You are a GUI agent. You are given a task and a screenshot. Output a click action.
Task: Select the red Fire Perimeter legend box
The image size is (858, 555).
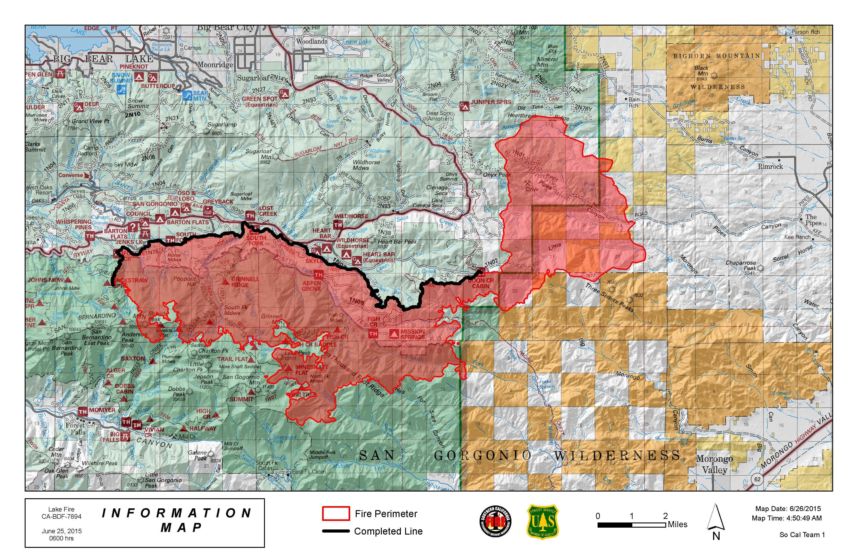click(x=336, y=514)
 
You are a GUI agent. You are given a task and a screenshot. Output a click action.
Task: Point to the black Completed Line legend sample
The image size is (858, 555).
click(x=336, y=531)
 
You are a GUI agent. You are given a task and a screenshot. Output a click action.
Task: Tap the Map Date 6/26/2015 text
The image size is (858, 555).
click(x=788, y=509)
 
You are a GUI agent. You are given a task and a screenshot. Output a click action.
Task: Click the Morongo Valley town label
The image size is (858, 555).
click(x=714, y=464)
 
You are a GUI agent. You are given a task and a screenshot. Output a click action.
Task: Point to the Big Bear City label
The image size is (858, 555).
click(x=226, y=28)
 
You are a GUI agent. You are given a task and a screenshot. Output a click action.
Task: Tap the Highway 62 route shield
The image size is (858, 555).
click(x=757, y=479)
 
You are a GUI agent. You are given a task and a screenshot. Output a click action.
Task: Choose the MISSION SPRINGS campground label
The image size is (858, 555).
click(x=413, y=334)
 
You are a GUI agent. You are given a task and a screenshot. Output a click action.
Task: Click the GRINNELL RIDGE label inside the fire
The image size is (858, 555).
click(x=245, y=282)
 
